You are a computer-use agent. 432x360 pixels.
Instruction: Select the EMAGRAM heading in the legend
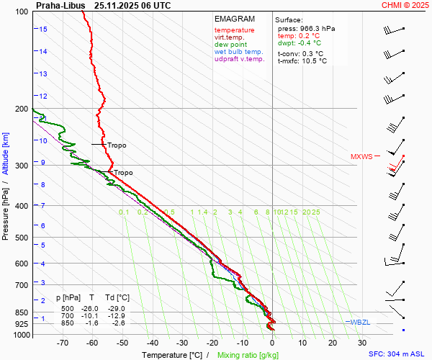(x=235, y=19)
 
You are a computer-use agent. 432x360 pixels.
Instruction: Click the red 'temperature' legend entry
(x=234, y=30)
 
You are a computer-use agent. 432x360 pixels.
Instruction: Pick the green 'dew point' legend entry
(x=230, y=45)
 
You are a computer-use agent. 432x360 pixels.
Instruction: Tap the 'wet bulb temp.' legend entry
(x=239, y=52)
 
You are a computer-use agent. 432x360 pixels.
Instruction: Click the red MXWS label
(x=361, y=156)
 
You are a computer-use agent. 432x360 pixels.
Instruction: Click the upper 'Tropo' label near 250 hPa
(x=117, y=145)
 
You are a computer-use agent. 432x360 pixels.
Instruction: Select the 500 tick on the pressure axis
(x=22, y=238)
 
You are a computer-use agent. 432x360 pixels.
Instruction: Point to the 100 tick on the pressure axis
(x=22, y=12)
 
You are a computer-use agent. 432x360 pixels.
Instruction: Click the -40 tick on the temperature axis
(x=153, y=343)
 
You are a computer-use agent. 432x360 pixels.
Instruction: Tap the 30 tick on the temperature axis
(x=362, y=343)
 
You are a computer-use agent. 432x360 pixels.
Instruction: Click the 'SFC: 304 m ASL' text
(x=398, y=354)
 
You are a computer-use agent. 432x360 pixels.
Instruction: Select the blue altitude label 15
(x=44, y=29)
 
